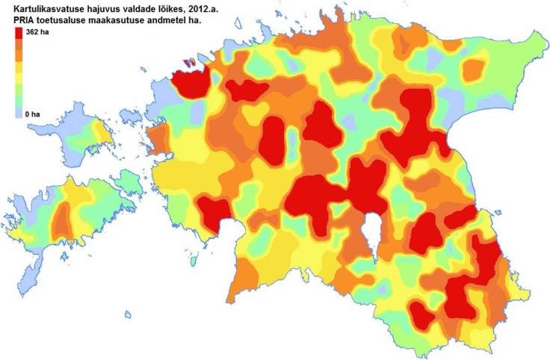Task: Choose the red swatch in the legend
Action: point(19,34)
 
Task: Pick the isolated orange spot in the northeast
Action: point(474,69)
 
